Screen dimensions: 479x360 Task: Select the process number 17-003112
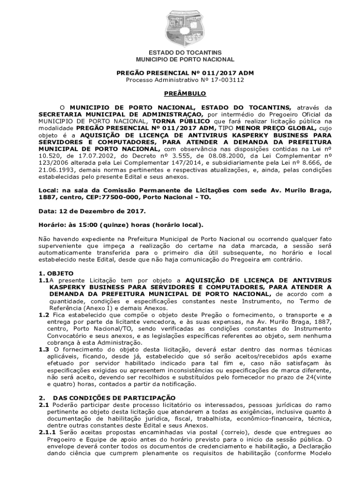click(222, 80)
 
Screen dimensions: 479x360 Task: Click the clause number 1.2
click(43, 315)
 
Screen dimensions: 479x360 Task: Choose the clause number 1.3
click(43, 349)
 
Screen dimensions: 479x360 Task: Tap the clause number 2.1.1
click(47, 432)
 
